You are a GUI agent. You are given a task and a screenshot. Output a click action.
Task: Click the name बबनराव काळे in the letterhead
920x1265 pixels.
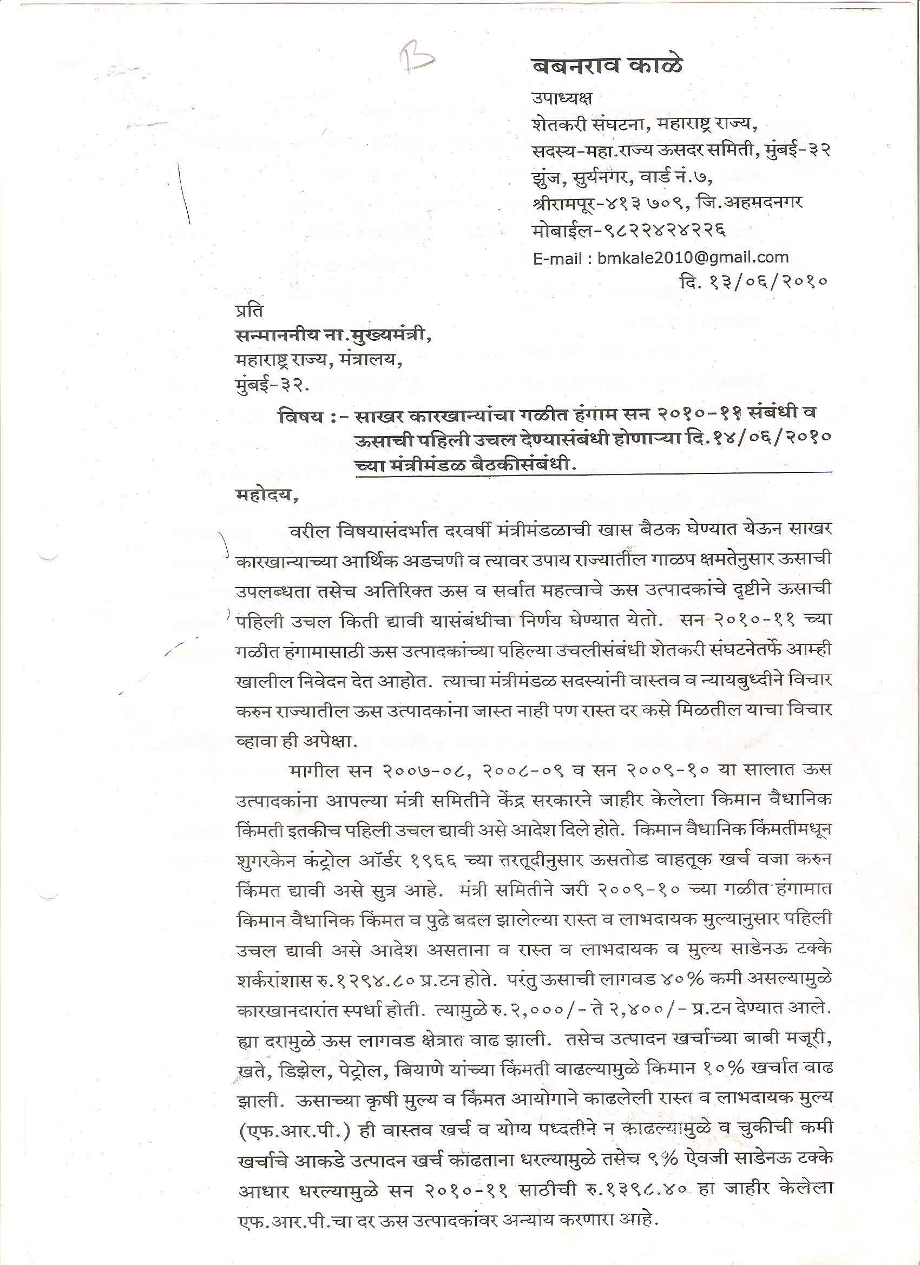[x=607, y=67]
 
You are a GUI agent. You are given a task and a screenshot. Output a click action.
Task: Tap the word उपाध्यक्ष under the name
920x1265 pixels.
[x=561, y=98]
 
